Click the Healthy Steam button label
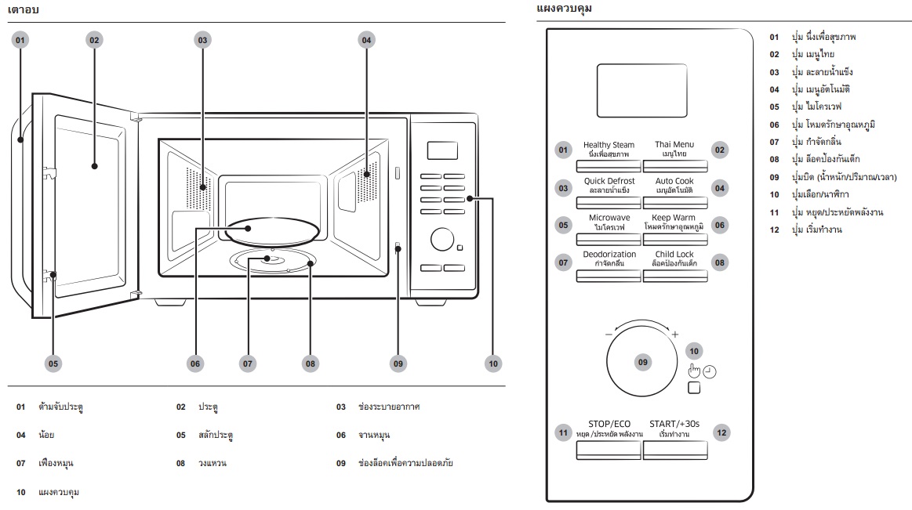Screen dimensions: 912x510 tap(609, 145)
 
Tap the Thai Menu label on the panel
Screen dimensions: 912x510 tap(674, 144)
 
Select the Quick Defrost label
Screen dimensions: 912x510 tap(609, 181)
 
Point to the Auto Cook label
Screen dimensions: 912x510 tap(674, 181)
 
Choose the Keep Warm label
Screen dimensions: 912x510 tap(674, 218)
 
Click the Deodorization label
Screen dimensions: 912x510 tap(609, 255)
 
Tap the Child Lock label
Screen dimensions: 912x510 tap(674, 255)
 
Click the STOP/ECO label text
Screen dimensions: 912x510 tap(609, 424)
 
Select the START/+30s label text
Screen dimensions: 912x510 tap(674, 424)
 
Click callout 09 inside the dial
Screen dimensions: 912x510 tap(643, 363)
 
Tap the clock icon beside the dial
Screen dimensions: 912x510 tap(710, 372)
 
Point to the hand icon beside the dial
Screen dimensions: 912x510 tap(695, 371)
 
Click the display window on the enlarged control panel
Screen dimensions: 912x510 tap(642, 91)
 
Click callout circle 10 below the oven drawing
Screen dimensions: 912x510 tap(493, 364)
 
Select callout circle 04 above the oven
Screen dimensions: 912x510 tap(366, 40)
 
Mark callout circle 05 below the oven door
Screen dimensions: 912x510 tap(53, 364)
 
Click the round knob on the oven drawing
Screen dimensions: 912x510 tap(442, 239)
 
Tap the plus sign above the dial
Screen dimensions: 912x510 tap(674, 334)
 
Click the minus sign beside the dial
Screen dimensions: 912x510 tap(609, 335)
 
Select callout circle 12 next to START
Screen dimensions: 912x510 tap(721, 432)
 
